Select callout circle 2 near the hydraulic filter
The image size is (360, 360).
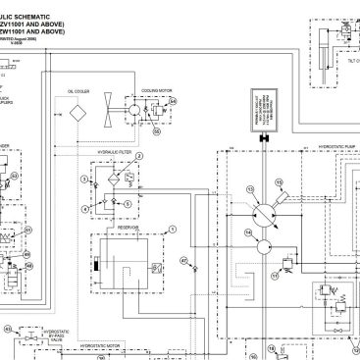pos(139,156)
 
